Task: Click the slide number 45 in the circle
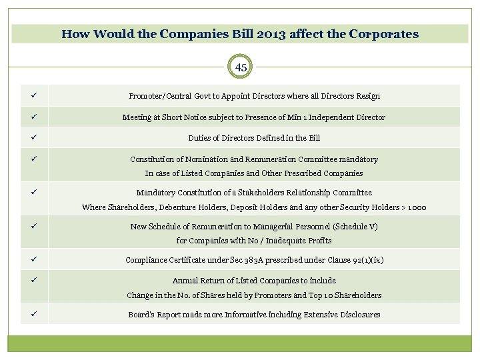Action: pos(241,67)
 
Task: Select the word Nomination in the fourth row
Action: pos(200,159)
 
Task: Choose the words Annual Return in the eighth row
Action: pos(197,281)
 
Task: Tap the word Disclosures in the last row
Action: pos(358,315)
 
